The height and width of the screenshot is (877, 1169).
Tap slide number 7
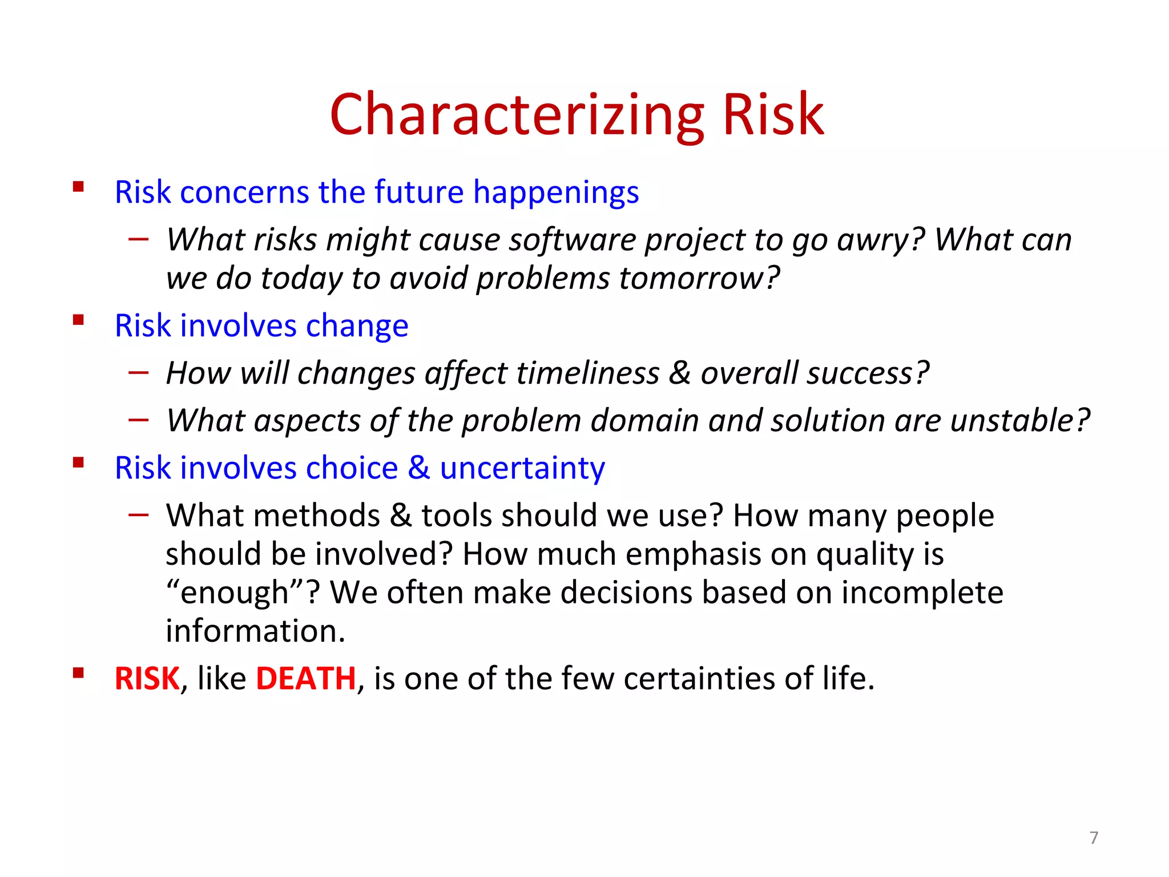pos(1094,838)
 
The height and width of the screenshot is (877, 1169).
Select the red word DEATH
pos(306,678)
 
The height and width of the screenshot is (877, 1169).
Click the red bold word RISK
pos(147,678)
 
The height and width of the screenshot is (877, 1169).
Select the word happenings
pos(556,192)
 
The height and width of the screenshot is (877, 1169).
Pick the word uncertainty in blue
pos(522,468)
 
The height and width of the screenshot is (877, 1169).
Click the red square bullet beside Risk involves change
pos(79,320)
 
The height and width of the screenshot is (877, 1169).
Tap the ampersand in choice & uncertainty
pos(418,468)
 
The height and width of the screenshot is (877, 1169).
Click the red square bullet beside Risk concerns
pos(79,187)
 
